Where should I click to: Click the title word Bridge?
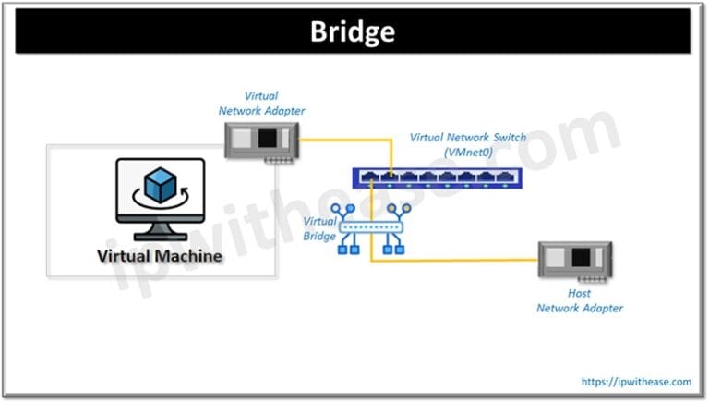[x=353, y=31]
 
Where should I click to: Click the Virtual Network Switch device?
[x=434, y=176]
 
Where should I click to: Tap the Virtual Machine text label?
[x=160, y=255]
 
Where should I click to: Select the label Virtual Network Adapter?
[x=261, y=103]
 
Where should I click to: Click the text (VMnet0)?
[x=467, y=153]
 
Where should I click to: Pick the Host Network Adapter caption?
[x=579, y=300]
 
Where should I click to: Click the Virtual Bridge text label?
[x=319, y=228]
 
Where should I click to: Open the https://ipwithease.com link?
[x=636, y=381]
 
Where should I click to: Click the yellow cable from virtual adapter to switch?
[x=346, y=141]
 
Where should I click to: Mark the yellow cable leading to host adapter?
[x=462, y=261]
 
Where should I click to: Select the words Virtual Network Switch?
[x=467, y=138]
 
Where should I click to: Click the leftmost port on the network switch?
[x=367, y=174]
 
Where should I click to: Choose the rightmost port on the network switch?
[x=504, y=174]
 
